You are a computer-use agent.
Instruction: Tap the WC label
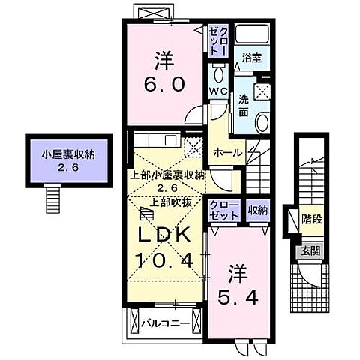click(x=217, y=91)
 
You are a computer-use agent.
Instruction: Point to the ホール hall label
click(x=227, y=152)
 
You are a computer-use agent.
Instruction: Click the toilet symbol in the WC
click(x=218, y=73)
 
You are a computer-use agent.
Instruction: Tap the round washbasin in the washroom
click(x=262, y=124)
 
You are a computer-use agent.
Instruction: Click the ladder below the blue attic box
click(x=52, y=197)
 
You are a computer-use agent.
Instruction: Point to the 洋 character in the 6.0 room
click(x=163, y=58)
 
